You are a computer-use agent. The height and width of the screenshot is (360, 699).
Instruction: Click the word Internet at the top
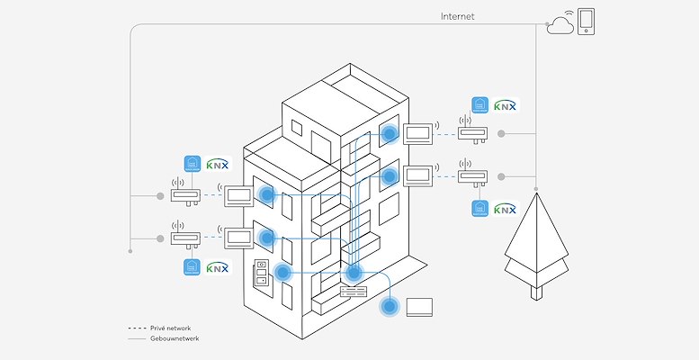coord(457,16)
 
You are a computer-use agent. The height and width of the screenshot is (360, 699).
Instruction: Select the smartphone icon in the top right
coord(586,21)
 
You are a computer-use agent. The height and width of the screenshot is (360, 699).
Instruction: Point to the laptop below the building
coord(420,306)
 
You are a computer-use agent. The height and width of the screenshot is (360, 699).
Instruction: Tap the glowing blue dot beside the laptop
coord(390,307)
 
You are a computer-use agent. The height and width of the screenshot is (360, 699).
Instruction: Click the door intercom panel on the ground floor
coord(261,274)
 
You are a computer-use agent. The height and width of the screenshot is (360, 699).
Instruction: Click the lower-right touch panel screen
coord(418,175)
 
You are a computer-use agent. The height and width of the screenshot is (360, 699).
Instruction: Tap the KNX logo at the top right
coord(506,105)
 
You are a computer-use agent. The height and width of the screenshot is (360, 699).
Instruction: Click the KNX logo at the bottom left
coord(218,267)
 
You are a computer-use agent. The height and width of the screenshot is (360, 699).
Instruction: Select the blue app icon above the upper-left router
coord(192,164)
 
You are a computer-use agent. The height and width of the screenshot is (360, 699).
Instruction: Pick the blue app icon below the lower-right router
coord(479,209)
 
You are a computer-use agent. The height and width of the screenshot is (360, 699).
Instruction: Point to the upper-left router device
coord(184,194)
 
